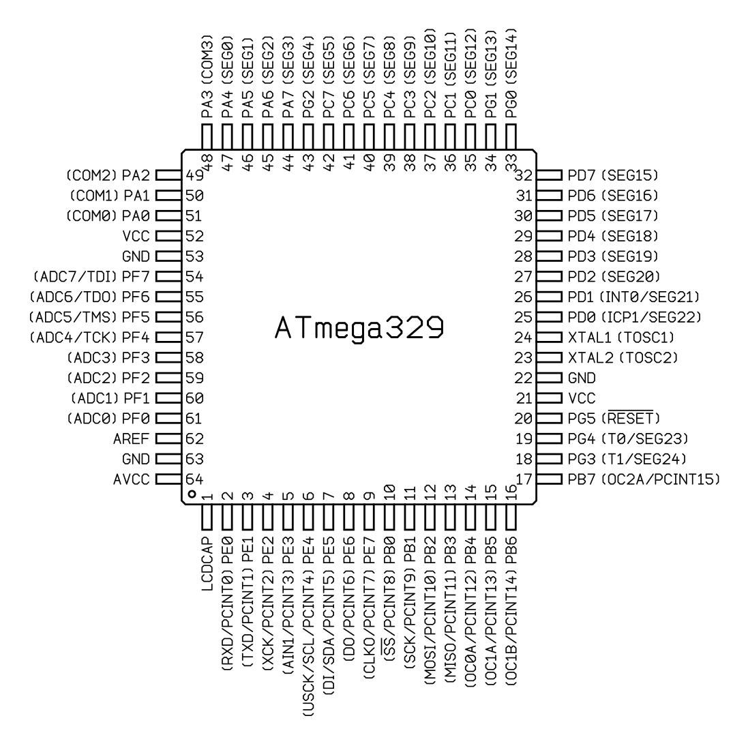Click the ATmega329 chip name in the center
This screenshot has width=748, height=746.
tap(360, 328)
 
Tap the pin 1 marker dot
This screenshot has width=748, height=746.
tap(192, 494)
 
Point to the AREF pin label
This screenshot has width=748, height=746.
tap(131, 439)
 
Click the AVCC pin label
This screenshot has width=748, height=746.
tap(131, 479)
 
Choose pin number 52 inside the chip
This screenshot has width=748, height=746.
tap(194, 236)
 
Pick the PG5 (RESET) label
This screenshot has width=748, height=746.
tap(614, 418)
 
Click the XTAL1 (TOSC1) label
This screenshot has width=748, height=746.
tap(621, 338)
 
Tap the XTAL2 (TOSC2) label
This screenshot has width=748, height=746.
tap(623, 358)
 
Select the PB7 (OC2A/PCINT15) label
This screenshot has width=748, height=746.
tap(644, 479)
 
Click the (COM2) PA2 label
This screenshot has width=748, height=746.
tap(108, 175)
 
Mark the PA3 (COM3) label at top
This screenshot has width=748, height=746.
tap(207, 76)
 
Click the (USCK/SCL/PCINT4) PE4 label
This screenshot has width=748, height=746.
tap(308, 627)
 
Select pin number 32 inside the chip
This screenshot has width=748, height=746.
tap(523, 175)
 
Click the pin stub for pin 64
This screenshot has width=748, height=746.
tap(169, 479)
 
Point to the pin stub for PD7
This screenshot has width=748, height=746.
tap(549, 175)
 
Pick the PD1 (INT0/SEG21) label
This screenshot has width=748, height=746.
tap(633, 297)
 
